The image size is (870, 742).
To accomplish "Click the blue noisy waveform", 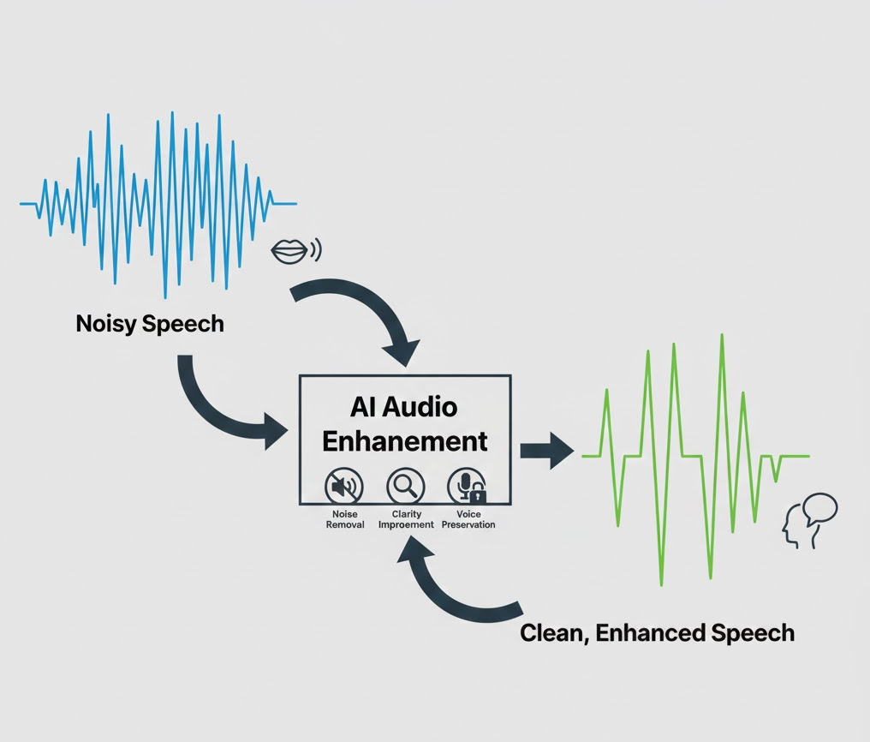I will point(158,203).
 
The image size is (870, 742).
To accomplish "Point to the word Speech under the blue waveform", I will point(187,324).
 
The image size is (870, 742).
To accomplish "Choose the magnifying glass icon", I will point(405,487).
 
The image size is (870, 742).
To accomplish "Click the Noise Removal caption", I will point(345,519).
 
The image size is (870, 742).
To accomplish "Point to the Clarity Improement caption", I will point(406,519).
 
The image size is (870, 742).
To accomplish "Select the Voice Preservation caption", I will point(468,519).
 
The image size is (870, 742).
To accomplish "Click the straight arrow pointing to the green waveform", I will point(545,450).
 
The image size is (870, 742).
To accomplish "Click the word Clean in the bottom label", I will point(549,634).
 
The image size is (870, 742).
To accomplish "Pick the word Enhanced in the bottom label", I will point(649,634).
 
